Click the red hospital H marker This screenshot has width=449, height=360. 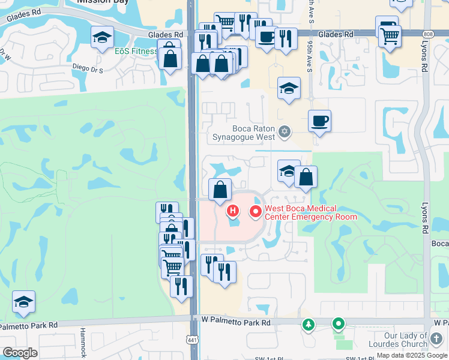pos(233,211)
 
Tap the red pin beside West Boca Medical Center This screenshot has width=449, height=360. pos(256,211)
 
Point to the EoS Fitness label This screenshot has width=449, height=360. pos(136,51)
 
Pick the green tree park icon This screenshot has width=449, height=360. pos(309,325)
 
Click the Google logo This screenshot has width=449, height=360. pos(20,352)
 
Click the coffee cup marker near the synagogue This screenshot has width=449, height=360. pos(319,121)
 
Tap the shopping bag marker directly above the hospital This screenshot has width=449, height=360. pos(220,190)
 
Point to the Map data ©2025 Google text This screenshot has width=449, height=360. pos(412,355)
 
